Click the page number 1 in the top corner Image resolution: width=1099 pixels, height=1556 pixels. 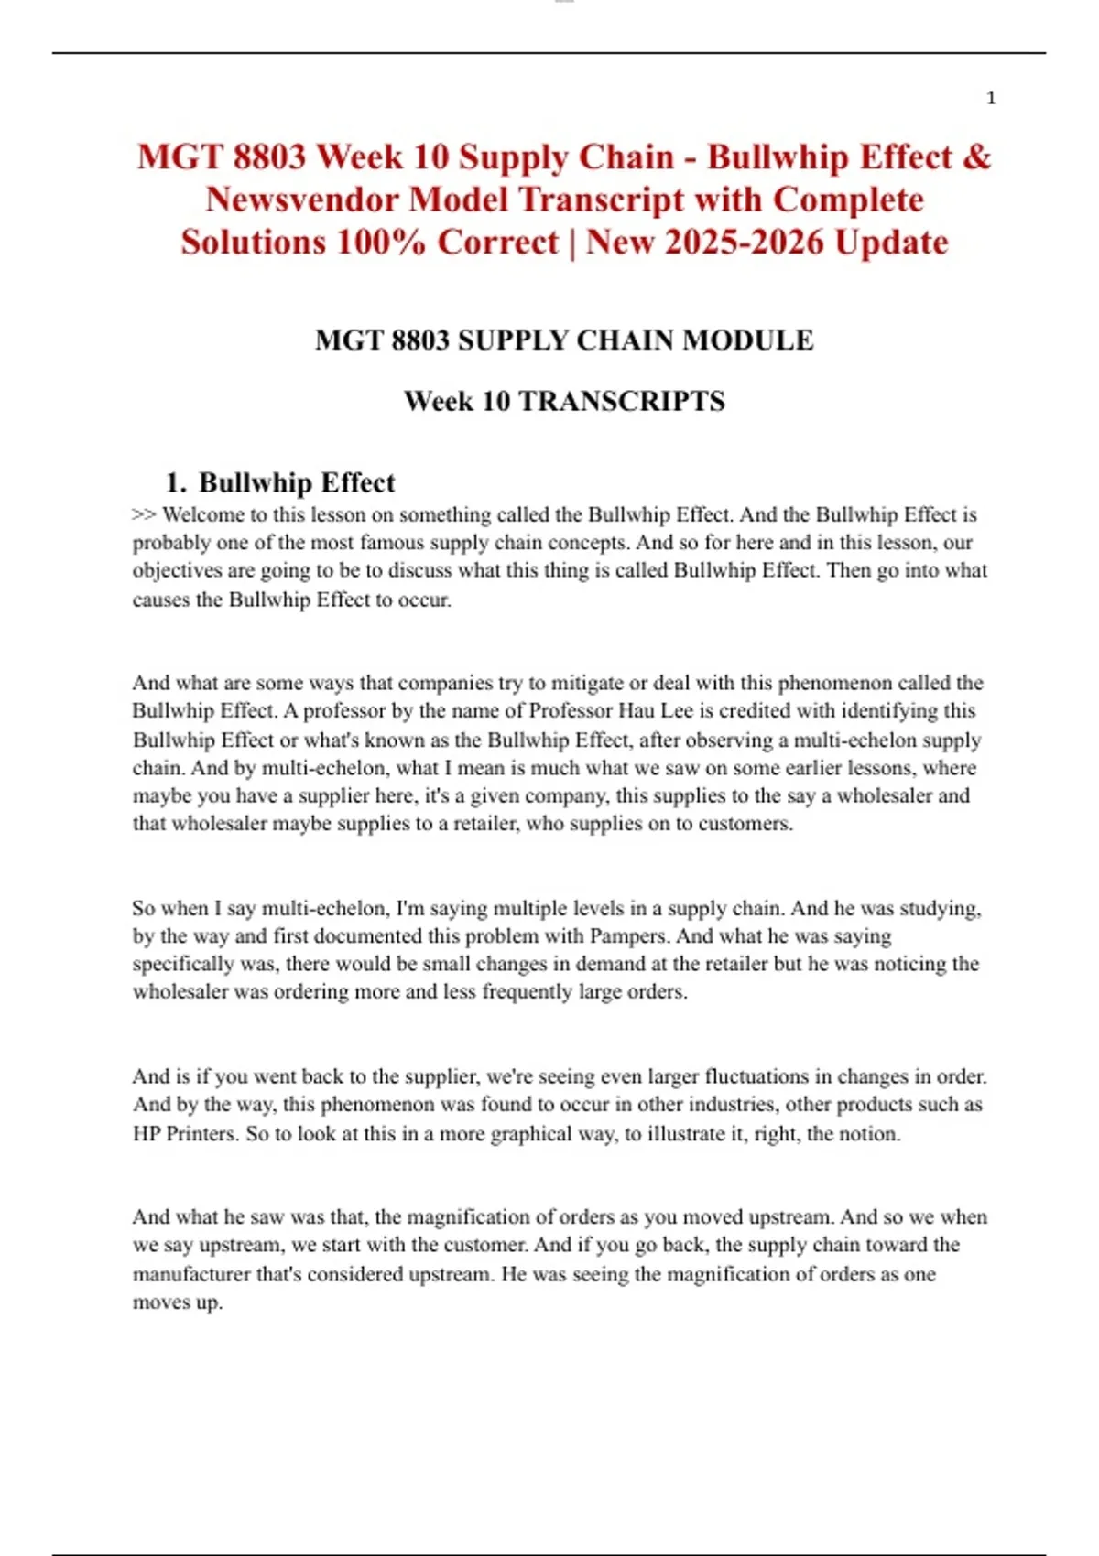(x=991, y=98)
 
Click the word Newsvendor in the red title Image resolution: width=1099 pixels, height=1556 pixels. (x=302, y=200)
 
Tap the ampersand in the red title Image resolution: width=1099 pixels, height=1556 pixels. (x=977, y=157)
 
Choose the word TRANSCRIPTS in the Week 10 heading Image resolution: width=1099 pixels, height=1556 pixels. (x=622, y=401)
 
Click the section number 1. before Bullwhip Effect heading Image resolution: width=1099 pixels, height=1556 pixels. (x=176, y=482)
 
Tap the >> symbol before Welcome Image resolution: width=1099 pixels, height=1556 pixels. (x=144, y=514)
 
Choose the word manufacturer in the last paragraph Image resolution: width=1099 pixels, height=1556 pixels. (x=191, y=1274)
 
